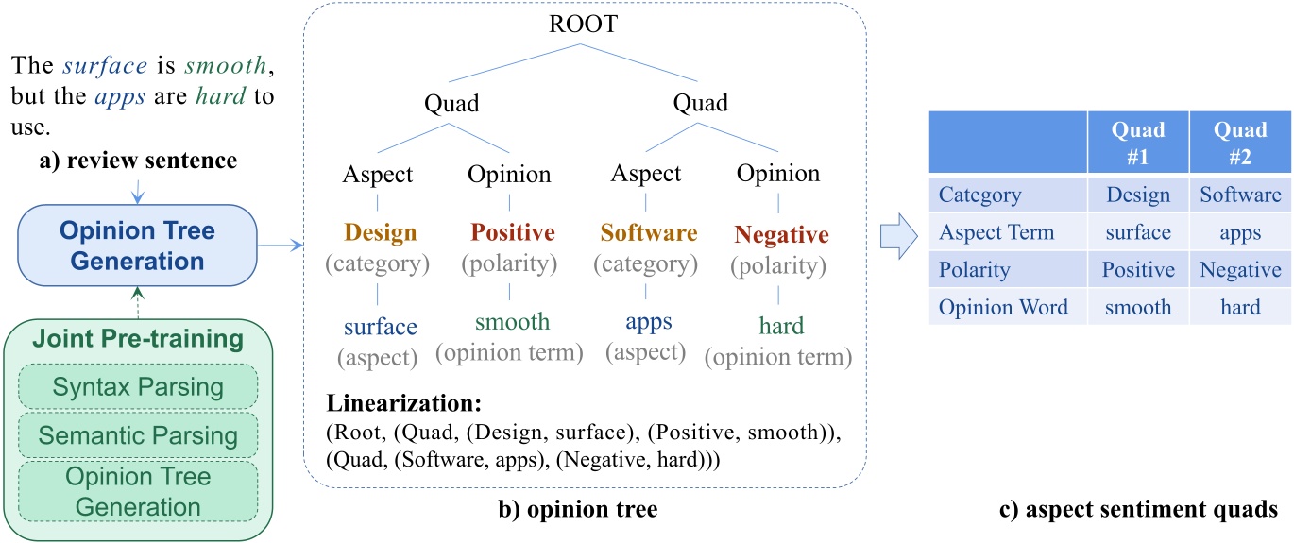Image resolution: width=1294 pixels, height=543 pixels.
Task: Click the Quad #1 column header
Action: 1138,144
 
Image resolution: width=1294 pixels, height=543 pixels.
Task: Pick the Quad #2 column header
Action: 1240,144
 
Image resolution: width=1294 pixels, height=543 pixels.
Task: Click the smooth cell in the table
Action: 1138,307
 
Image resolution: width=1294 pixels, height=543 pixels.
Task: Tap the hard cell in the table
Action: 1240,307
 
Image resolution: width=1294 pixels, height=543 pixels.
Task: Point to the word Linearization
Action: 403,405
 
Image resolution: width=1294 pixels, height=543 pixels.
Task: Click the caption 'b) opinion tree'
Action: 579,510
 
